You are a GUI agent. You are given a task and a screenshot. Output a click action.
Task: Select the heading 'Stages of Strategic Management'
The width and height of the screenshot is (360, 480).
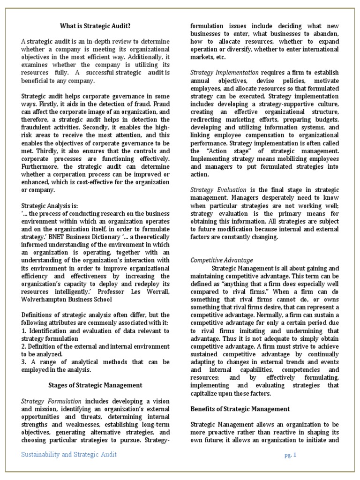(x=96, y=385)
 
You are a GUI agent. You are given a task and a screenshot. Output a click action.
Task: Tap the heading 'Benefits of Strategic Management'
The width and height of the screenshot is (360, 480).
(x=240, y=409)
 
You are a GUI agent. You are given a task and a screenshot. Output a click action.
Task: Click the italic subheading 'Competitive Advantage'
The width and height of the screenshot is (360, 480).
(x=222, y=260)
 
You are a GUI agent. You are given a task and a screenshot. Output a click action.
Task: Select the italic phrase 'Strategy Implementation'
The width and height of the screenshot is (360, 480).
(x=225, y=72)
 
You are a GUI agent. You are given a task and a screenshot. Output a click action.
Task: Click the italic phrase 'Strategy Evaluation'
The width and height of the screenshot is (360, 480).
(x=218, y=189)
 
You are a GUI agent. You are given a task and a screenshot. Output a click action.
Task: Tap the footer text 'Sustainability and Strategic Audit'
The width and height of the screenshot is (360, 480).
(x=69, y=455)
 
